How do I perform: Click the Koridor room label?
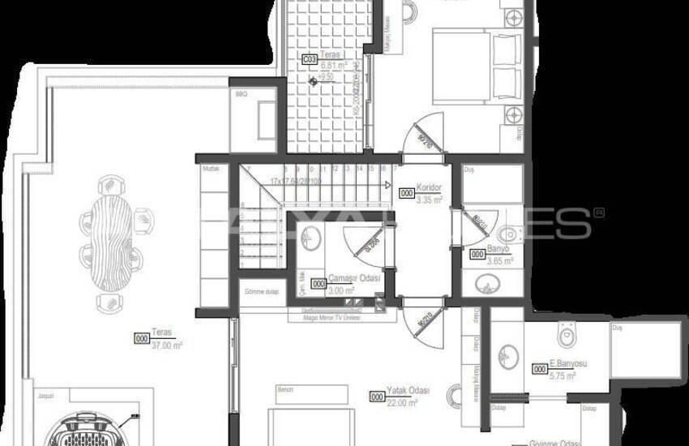429,186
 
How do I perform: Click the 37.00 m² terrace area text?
167,345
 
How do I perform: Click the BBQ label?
240,94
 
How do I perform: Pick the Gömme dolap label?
257,292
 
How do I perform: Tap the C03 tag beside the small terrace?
310,59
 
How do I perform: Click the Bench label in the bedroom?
284,389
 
